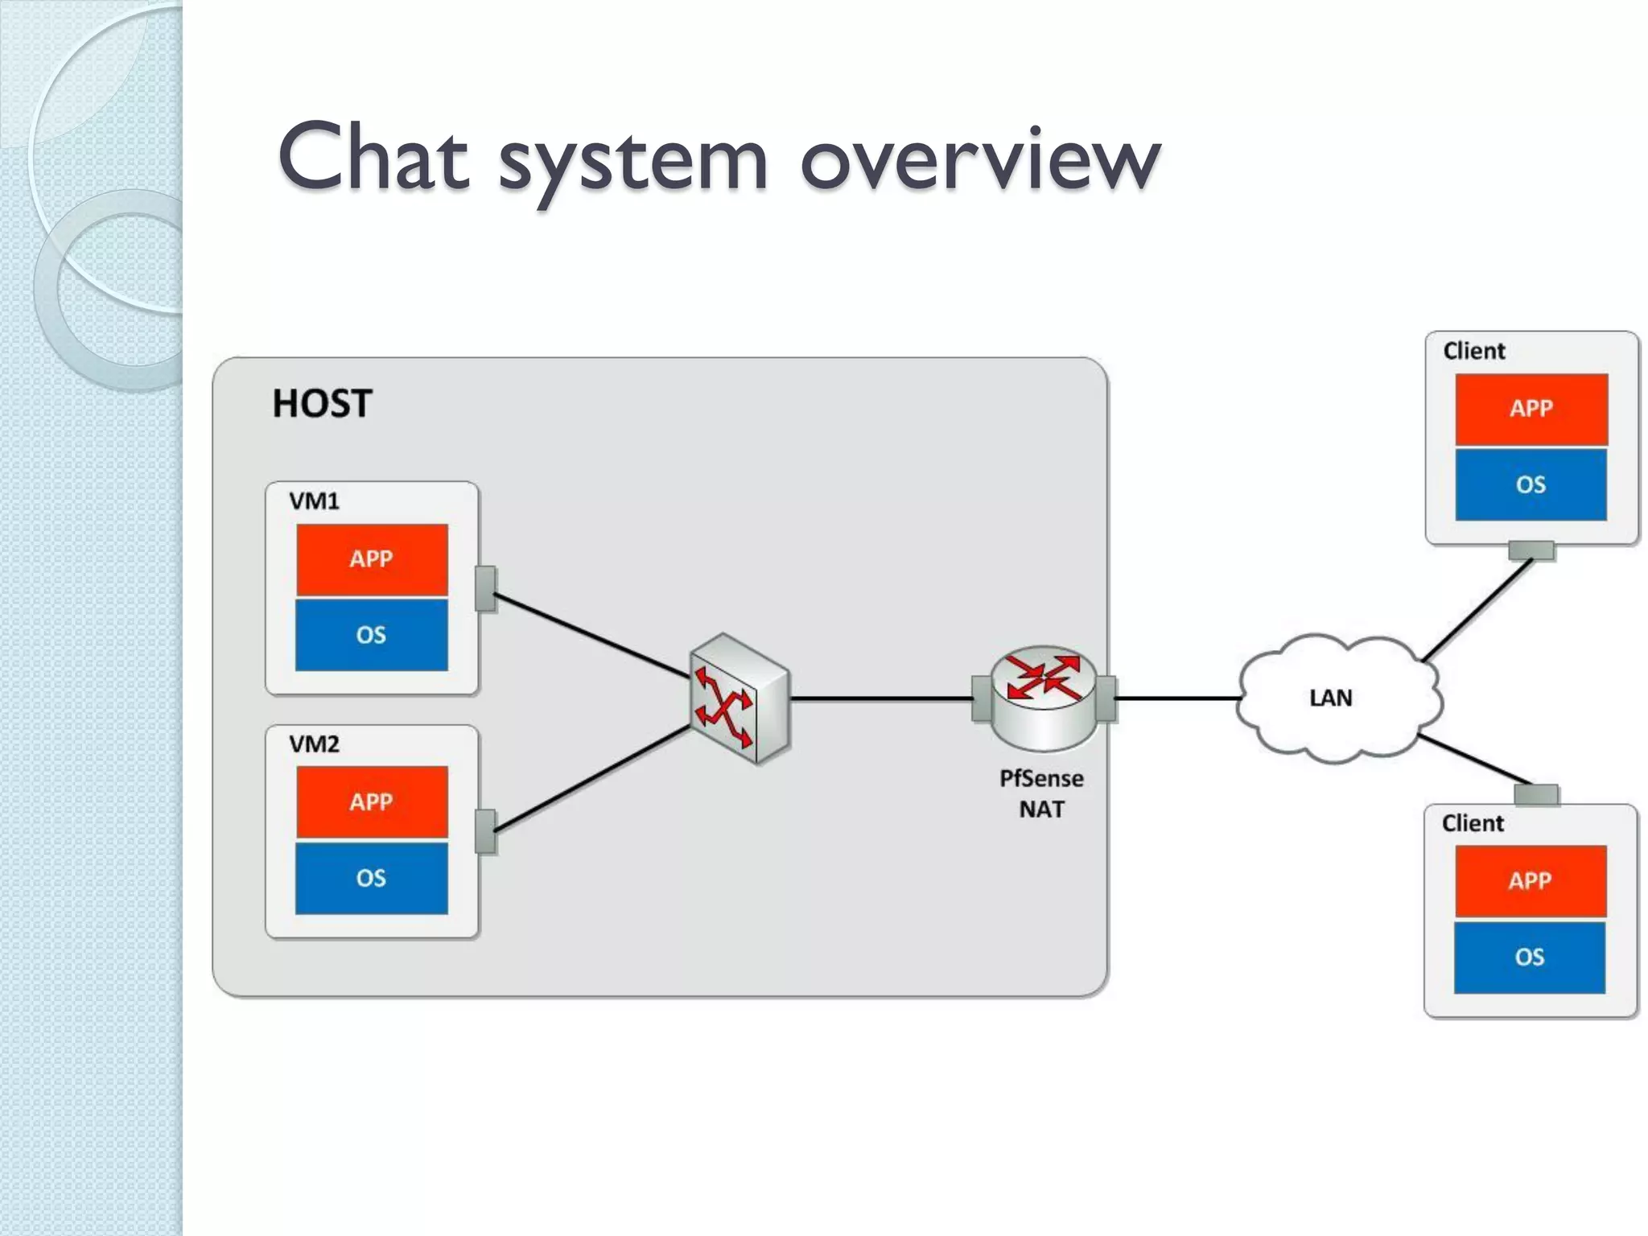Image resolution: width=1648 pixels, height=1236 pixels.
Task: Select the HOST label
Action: [322, 403]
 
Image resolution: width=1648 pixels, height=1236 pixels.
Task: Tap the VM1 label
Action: [314, 501]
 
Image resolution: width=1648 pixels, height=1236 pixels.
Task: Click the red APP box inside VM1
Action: [372, 559]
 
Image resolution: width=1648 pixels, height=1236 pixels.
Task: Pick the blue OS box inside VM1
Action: [372, 635]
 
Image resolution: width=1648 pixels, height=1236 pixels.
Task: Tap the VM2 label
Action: [314, 744]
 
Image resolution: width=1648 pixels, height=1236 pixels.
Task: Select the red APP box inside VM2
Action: [372, 801]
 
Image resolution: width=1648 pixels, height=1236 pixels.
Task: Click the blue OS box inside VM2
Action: [372, 878]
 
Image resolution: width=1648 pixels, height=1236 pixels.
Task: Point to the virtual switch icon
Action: [740, 698]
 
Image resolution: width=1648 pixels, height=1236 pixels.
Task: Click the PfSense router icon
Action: [1043, 697]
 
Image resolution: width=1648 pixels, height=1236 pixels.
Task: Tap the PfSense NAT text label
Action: [1041, 793]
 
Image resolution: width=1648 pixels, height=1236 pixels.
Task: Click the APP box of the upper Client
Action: [1531, 409]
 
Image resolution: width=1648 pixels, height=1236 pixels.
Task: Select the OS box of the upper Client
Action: [1531, 484]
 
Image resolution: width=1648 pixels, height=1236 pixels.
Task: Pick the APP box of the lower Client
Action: [1530, 881]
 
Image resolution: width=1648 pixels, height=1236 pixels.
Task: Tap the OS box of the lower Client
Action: [1529, 957]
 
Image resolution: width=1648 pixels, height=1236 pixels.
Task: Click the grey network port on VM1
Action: [485, 588]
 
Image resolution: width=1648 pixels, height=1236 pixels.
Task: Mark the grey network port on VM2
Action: [485, 831]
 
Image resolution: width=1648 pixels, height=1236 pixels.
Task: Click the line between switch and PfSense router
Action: [881, 698]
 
